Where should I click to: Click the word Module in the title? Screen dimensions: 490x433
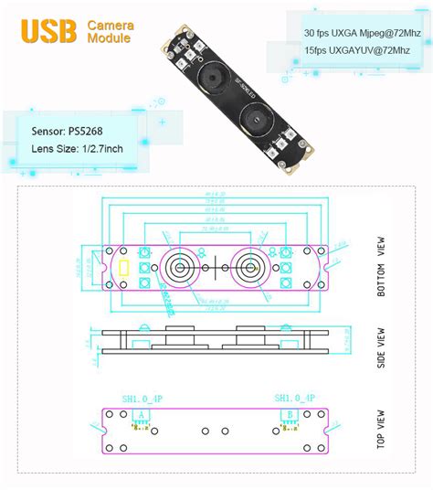click(x=109, y=39)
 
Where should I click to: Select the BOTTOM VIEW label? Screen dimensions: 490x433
click(x=382, y=268)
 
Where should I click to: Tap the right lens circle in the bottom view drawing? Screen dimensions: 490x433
click(x=248, y=268)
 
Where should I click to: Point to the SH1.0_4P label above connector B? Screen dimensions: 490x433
click(x=295, y=398)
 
